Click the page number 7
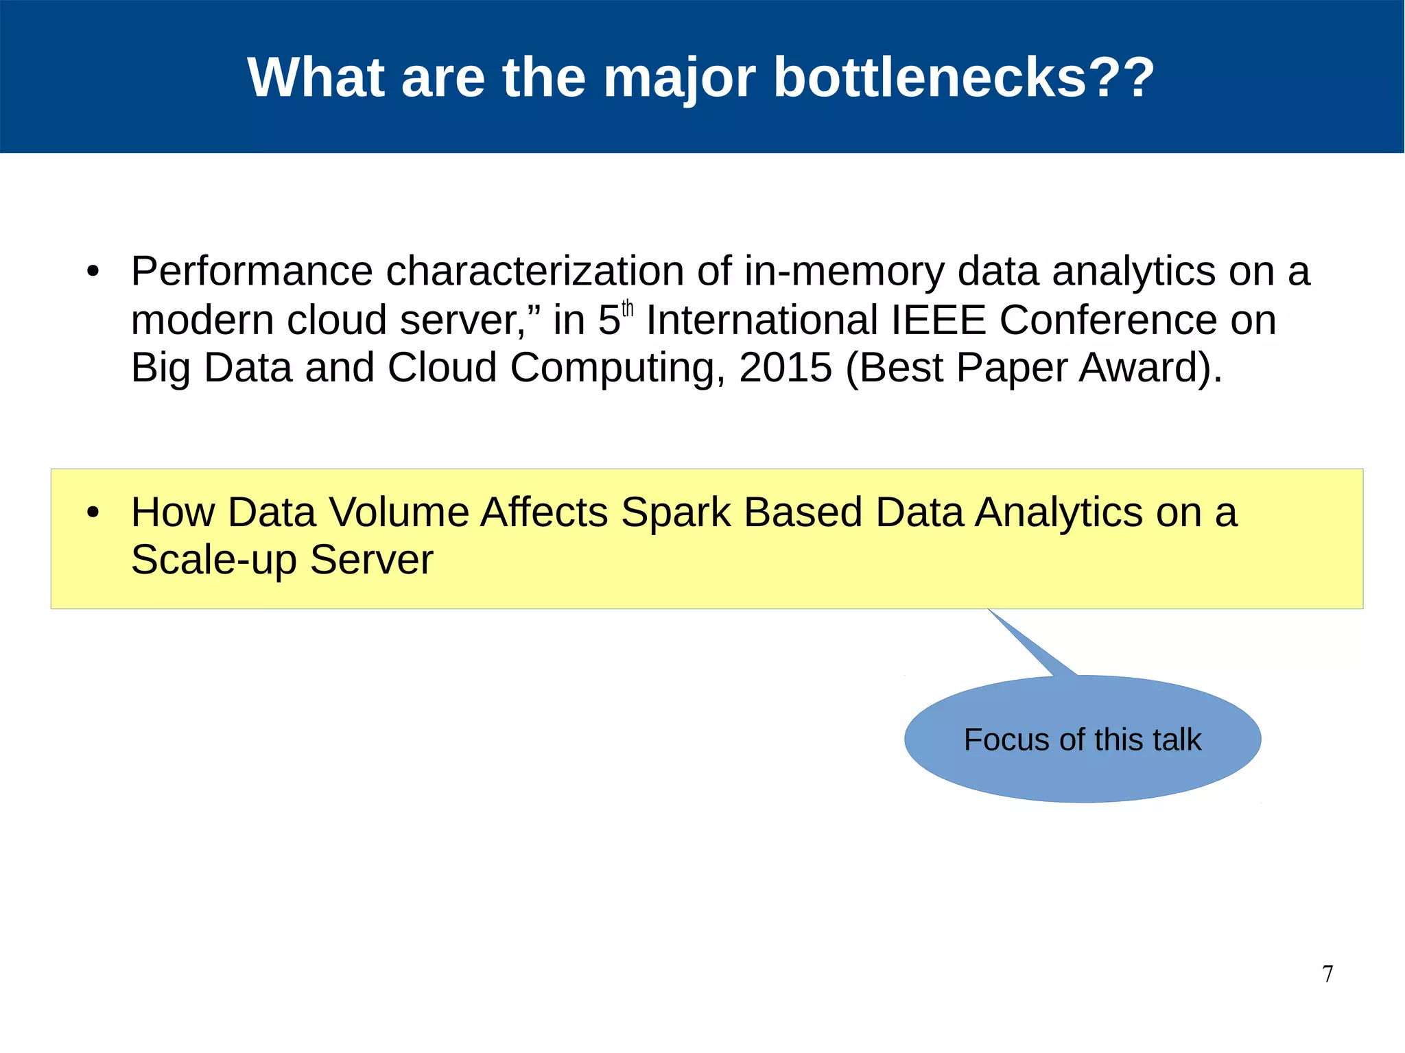click(1327, 973)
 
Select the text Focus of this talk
click(1082, 740)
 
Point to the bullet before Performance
click(93, 272)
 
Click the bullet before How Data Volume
click(93, 512)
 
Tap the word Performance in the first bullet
click(251, 272)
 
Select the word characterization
click(534, 272)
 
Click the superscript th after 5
click(627, 310)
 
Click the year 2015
click(786, 368)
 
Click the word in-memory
click(844, 272)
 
